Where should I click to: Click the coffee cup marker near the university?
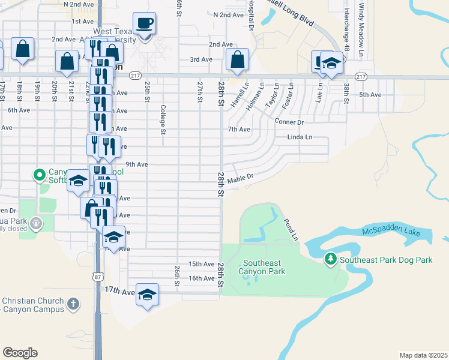click(x=144, y=24)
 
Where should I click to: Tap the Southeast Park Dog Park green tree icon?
click(x=330, y=259)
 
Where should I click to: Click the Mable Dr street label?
click(x=241, y=178)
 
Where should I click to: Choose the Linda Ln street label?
click(x=300, y=137)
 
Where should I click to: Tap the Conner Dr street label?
click(x=289, y=122)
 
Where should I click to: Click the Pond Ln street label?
click(x=291, y=230)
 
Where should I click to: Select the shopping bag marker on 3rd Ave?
click(x=238, y=60)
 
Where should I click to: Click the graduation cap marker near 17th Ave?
click(x=147, y=295)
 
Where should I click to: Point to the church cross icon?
click(x=73, y=304)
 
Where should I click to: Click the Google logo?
click(x=20, y=352)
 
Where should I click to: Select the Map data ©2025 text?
click(x=423, y=355)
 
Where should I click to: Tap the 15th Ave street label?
click(x=201, y=264)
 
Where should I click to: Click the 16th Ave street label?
click(x=201, y=278)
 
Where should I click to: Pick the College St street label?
click(x=162, y=120)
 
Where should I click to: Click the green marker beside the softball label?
click(x=40, y=175)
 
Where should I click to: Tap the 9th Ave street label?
click(x=136, y=164)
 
